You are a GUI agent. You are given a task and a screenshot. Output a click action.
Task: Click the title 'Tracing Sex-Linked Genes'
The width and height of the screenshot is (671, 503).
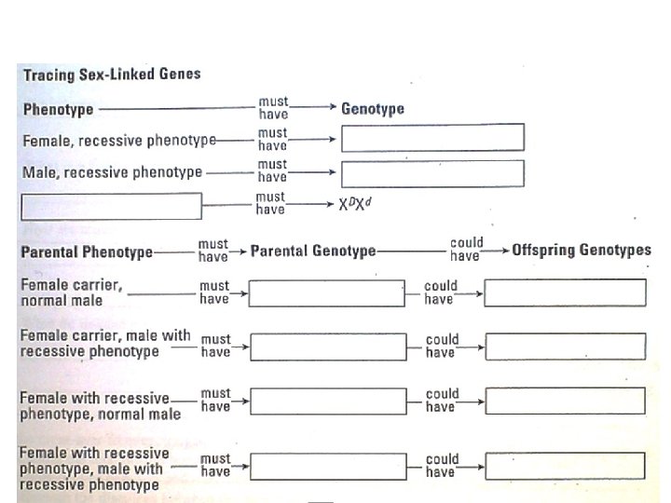click(x=111, y=74)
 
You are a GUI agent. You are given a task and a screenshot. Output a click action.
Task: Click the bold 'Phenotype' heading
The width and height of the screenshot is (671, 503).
click(x=58, y=109)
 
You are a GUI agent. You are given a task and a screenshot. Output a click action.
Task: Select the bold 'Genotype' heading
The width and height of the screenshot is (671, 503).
click(x=373, y=109)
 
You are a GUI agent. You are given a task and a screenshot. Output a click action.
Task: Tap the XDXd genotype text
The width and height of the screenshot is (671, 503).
click(x=355, y=204)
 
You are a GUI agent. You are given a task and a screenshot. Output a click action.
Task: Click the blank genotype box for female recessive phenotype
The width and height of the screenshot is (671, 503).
click(x=432, y=138)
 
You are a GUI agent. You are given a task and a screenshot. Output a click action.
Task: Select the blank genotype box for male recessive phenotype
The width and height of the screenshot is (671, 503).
click(x=432, y=173)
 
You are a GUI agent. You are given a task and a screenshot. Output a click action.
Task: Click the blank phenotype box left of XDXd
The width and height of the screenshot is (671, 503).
click(x=111, y=206)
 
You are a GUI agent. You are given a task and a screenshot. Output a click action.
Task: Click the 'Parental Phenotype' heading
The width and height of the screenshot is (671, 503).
click(x=87, y=251)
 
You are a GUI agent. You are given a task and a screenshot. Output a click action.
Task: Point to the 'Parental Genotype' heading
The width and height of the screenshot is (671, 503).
click(x=313, y=251)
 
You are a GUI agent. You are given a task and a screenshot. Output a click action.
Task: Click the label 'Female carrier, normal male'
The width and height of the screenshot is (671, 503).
click(x=71, y=292)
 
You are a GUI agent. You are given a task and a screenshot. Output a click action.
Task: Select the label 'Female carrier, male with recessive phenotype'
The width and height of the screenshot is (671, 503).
click(x=104, y=343)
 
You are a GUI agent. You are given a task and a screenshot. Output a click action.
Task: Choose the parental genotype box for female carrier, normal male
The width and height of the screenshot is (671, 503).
click(x=327, y=293)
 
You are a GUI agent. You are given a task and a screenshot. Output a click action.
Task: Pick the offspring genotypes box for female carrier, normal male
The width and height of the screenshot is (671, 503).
click(x=565, y=293)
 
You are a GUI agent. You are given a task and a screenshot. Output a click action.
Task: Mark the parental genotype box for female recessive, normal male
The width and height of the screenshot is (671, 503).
click(x=327, y=401)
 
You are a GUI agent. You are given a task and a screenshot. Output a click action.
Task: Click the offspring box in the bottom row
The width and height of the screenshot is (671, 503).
click(x=565, y=466)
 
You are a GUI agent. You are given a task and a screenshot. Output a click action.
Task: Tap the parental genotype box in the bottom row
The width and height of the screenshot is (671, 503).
click(x=327, y=466)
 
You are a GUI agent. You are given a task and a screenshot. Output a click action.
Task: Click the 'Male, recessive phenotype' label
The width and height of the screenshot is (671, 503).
click(x=112, y=172)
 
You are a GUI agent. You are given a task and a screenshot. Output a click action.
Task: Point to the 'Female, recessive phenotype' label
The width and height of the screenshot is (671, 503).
click(x=118, y=141)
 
